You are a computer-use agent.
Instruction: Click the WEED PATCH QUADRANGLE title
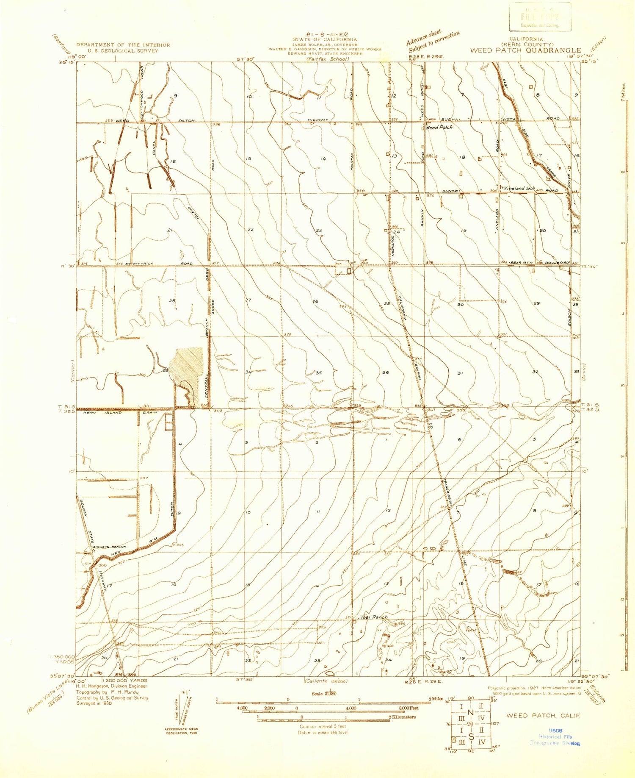525,50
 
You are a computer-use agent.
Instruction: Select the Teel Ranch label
374,617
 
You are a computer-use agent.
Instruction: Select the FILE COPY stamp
540,17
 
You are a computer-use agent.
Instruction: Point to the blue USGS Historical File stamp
555,736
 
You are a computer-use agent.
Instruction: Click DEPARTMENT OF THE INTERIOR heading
123,45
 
